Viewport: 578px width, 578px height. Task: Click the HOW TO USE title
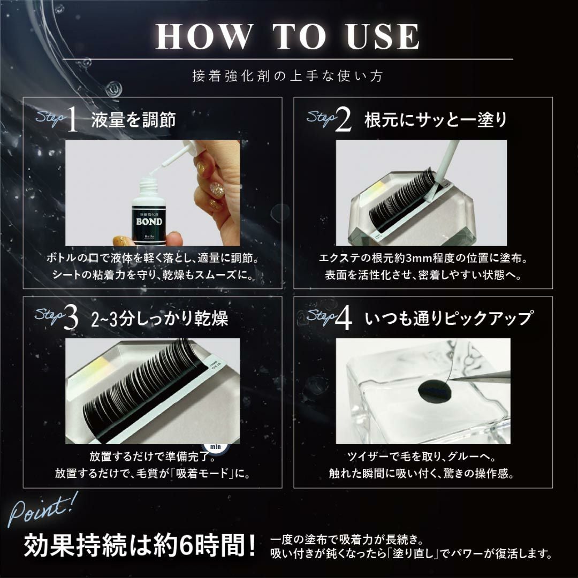pyautogui.click(x=287, y=36)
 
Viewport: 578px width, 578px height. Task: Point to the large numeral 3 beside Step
pyautogui.click(x=71, y=318)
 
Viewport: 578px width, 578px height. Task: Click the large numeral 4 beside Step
pyautogui.click(x=344, y=318)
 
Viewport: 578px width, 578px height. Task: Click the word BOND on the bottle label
pyautogui.click(x=149, y=222)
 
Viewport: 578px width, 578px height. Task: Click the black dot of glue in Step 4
pyautogui.click(x=436, y=391)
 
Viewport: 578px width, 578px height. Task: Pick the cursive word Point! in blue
pyautogui.click(x=42, y=509)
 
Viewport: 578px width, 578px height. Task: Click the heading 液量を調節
pyautogui.click(x=133, y=120)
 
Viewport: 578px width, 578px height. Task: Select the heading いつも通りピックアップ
pyautogui.click(x=448, y=318)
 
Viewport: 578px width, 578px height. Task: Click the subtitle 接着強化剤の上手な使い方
pyautogui.click(x=288, y=76)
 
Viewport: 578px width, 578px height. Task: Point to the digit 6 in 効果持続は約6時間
pyautogui.click(x=187, y=545)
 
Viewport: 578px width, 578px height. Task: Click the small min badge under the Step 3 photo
pyautogui.click(x=215, y=447)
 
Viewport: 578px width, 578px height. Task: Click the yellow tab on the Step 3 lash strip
pyautogui.click(x=96, y=366)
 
